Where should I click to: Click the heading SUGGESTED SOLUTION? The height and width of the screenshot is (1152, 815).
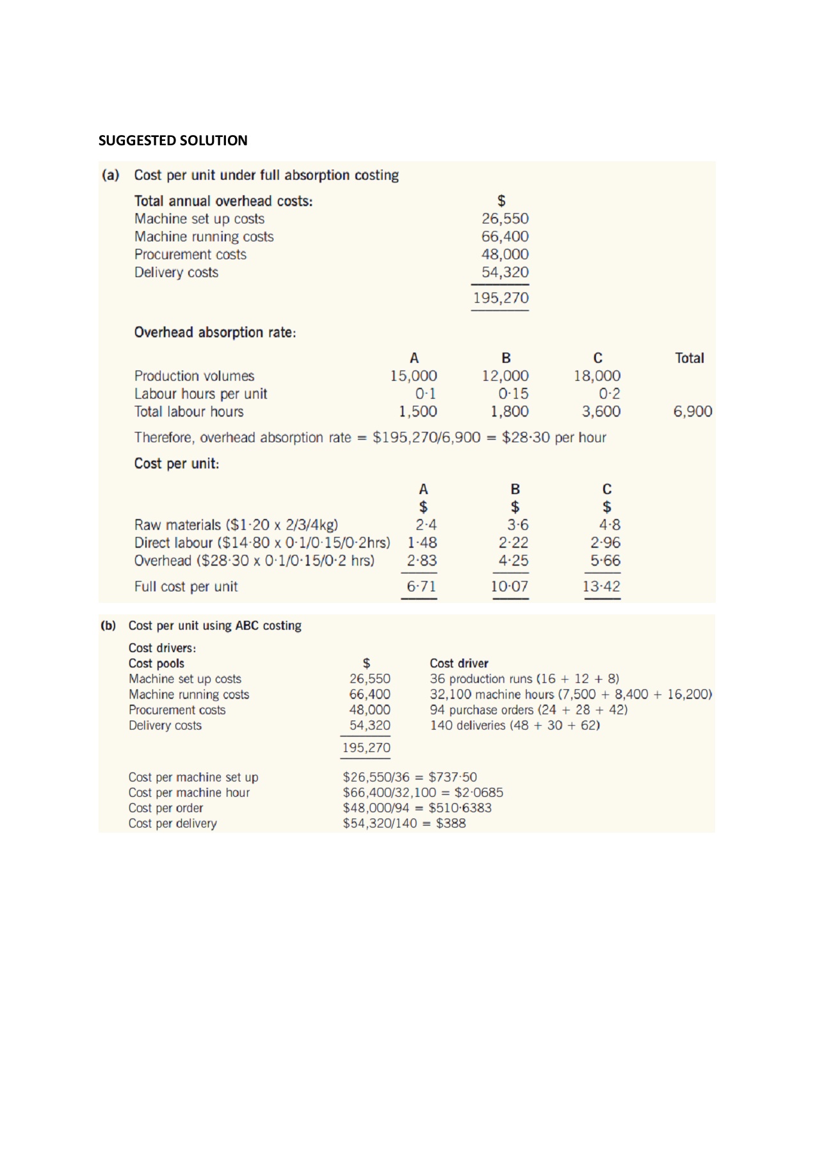point(173,141)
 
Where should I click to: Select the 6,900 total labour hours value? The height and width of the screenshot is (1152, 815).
point(692,412)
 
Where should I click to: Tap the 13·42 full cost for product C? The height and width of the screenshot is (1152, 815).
point(601,586)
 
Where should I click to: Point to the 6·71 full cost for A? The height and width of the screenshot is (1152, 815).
point(421,586)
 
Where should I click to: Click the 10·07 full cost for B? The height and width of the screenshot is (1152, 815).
point(510,586)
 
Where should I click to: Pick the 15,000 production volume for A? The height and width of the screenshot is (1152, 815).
point(414,376)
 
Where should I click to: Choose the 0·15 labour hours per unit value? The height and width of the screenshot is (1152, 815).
point(513,394)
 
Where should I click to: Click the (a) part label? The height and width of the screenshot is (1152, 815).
point(111,175)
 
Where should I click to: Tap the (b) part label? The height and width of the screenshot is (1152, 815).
point(108,625)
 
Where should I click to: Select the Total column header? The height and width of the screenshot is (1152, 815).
point(689,358)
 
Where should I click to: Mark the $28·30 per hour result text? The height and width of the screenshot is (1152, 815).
point(554,438)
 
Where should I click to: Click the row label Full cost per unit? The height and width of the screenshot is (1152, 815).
point(186,587)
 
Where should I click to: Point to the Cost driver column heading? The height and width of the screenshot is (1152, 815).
point(459,664)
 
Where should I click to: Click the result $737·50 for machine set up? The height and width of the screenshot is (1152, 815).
point(453,777)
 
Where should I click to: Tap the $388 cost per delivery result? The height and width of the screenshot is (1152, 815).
point(451,824)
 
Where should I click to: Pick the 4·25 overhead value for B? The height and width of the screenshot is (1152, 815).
point(513,561)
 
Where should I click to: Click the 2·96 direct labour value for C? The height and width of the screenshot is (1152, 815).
point(605,543)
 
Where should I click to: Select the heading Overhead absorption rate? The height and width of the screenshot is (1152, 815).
point(215,333)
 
